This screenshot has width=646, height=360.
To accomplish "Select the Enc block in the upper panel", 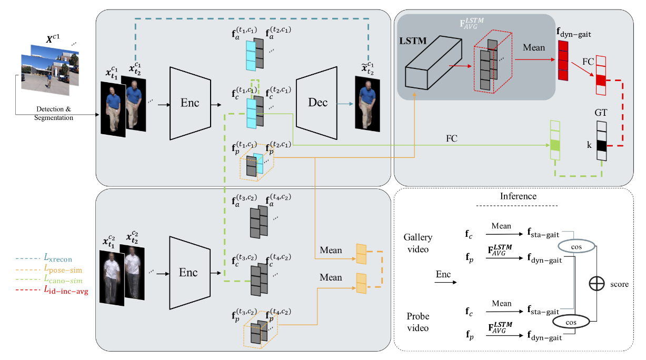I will (x=190, y=103).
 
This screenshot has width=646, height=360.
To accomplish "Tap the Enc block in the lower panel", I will (x=190, y=272).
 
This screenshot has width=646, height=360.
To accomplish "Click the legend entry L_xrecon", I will (x=58, y=259).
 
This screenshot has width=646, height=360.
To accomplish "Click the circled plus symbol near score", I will (x=597, y=284).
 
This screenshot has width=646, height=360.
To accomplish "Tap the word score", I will (x=619, y=284).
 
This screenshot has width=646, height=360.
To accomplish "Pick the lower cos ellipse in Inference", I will (x=571, y=321).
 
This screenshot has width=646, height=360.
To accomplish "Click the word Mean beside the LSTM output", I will (x=534, y=48).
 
